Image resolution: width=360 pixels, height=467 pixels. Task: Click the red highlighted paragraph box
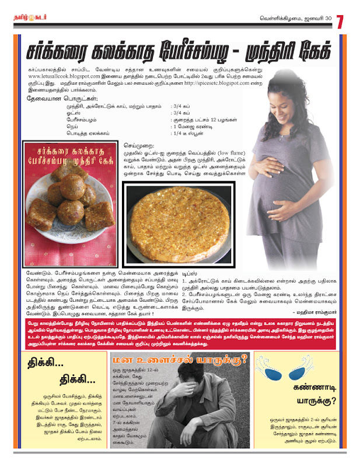pos(180,334)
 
